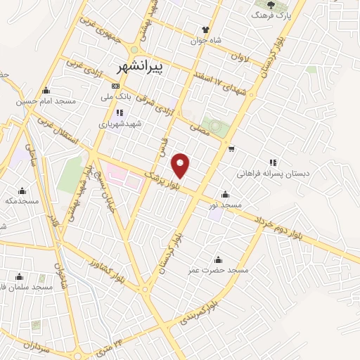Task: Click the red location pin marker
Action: point(181,165)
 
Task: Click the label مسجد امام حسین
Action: point(46,101)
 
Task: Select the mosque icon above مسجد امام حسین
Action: point(46,90)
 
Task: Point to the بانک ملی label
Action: point(116,97)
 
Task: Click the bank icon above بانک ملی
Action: point(116,86)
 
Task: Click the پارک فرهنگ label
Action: point(271,15)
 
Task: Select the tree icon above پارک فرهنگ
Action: point(271,4)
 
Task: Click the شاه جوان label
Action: point(206,40)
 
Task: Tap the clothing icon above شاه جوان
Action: point(205,30)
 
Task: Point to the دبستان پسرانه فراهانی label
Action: point(273,173)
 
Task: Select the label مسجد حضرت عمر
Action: point(218,270)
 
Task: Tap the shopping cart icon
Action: point(231,148)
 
